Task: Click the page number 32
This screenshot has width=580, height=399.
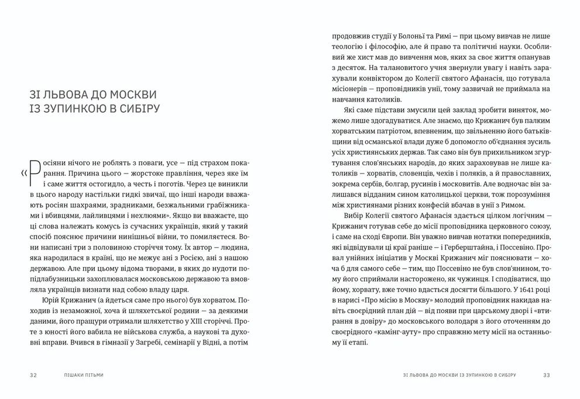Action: click(33, 375)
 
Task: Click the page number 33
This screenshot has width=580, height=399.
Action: click(547, 375)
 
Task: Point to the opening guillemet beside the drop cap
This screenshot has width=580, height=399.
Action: click(23, 173)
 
